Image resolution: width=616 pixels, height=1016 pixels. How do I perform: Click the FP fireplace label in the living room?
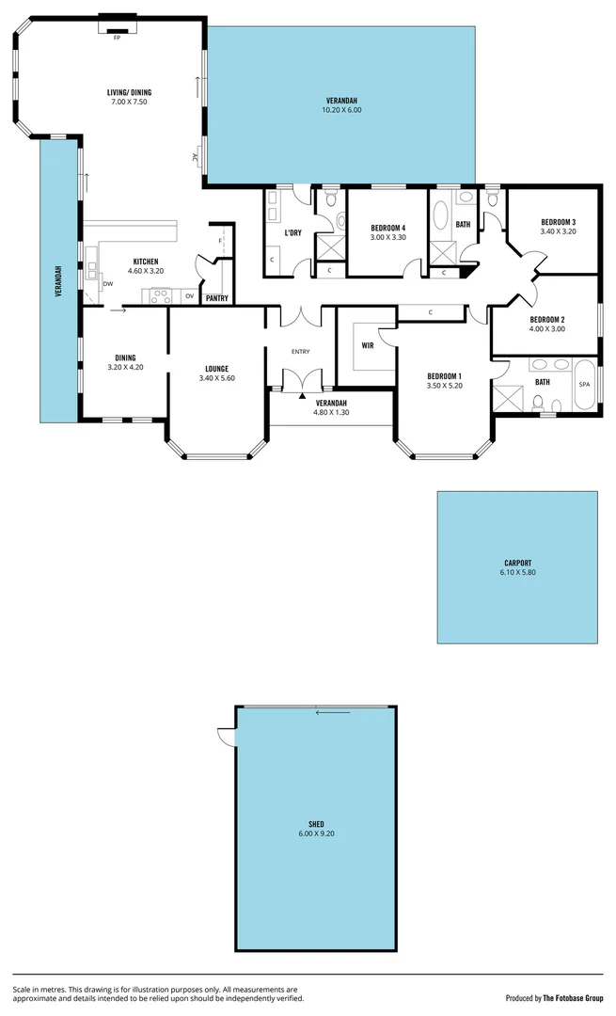click(118, 38)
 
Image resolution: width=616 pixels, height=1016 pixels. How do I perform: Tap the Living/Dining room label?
click(129, 92)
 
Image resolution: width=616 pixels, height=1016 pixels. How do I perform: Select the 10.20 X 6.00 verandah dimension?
click(342, 110)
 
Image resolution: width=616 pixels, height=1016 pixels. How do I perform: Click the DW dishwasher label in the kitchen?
click(108, 283)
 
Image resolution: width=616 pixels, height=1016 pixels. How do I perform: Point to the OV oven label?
click(189, 295)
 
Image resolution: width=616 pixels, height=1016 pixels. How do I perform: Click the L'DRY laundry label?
click(293, 232)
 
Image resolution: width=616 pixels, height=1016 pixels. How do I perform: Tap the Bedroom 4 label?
click(387, 228)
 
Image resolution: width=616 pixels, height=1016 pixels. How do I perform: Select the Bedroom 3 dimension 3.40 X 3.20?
click(558, 231)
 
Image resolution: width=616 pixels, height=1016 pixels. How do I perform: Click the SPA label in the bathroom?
click(584, 385)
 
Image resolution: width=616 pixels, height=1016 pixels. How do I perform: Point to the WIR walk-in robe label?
click(368, 345)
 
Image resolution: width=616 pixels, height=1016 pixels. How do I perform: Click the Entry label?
click(300, 352)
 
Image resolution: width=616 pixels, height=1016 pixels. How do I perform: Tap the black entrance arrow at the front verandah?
click(301, 396)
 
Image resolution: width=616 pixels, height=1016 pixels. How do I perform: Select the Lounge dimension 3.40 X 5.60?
click(215, 378)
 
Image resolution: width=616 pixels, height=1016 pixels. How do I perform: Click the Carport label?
click(516, 563)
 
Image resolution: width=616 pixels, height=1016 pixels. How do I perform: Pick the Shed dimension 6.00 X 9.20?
click(315, 833)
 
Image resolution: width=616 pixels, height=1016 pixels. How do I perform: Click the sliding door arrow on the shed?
click(333, 712)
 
